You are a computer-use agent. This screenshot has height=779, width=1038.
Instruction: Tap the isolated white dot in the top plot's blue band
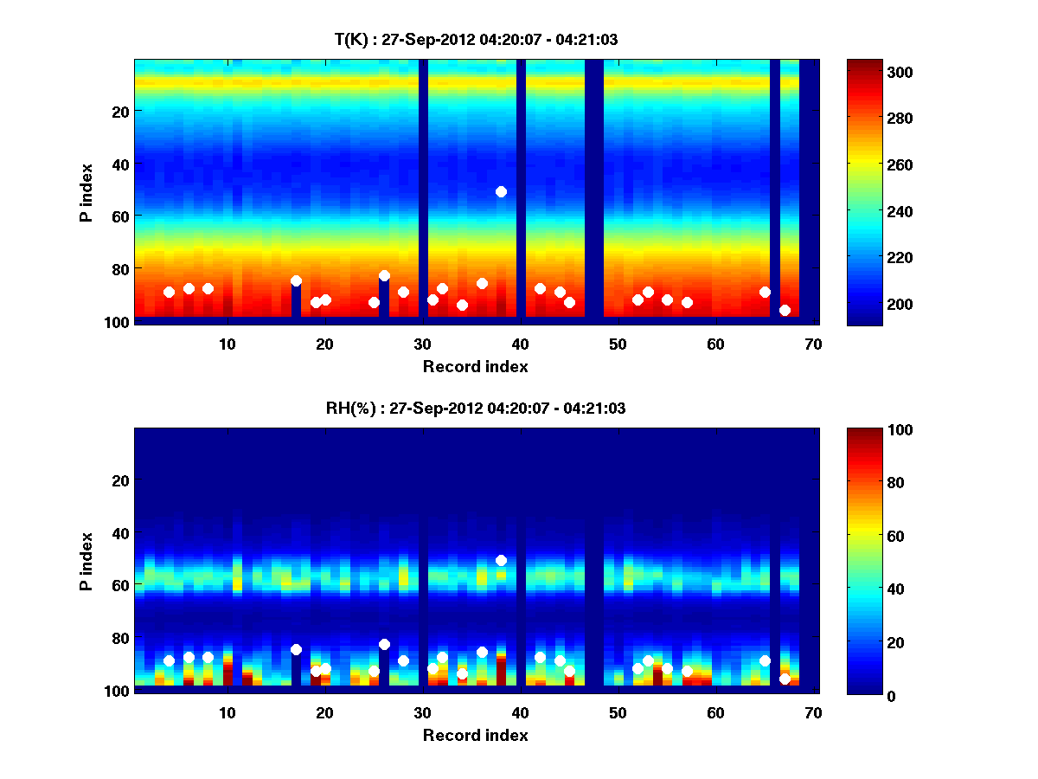tap(501, 191)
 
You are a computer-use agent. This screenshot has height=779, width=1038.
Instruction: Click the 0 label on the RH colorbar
tap(861, 695)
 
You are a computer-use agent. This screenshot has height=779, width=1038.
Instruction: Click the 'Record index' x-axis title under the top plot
tap(476, 366)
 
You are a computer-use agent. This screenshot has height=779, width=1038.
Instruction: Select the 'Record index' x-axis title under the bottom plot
tap(476, 735)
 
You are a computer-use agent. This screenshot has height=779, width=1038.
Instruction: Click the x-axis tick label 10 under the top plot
tap(227, 344)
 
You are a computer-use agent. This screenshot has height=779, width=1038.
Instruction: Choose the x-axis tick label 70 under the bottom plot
tap(813, 712)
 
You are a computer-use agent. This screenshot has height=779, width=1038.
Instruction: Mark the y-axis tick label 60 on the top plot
tap(120, 216)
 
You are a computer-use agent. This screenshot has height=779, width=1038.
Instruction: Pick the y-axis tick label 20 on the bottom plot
tap(120, 480)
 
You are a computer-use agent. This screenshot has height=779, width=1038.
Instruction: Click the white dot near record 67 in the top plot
tap(785, 310)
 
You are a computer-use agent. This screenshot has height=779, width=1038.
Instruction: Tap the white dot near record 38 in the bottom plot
tap(501, 560)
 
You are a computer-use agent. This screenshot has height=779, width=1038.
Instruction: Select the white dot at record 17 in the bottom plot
tap(296, 649)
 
